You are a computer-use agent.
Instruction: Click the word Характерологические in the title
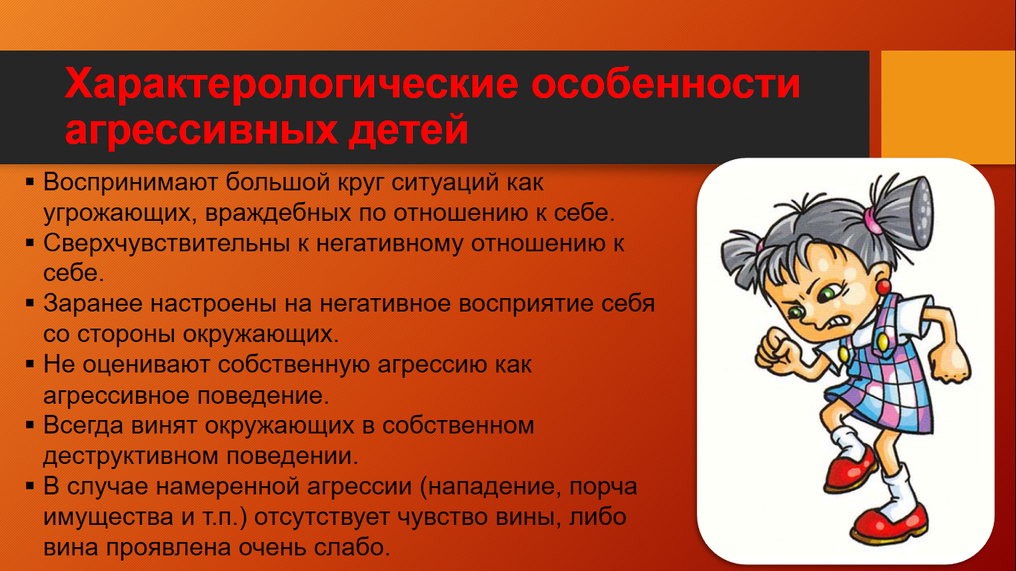(x=292, y=84)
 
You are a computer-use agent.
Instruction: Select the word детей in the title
(x=408, y=130)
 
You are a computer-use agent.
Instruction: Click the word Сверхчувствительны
(x=167, y=244)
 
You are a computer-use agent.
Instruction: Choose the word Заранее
(x=92, y=303)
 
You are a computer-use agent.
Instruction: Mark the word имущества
(x=109, y=517)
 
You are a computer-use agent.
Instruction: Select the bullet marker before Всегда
(x=30, y=425)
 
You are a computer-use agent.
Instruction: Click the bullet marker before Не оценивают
(x=30, y=364)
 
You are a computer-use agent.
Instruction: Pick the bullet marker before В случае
(x=30, y=487)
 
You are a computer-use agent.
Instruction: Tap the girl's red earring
(x=884, y=287)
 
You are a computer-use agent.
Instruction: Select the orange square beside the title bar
(x=948, y=107)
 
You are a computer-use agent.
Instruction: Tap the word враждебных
(x=278, y=213)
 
